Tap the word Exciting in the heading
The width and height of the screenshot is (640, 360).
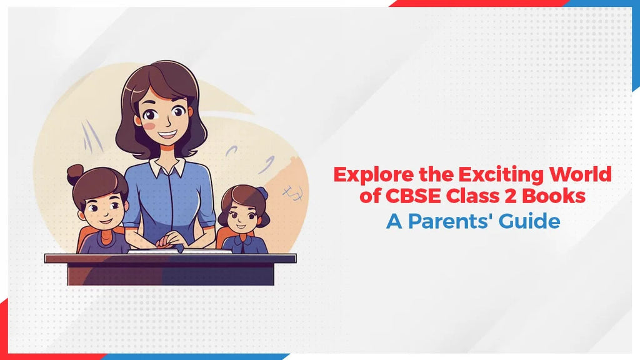click(486, 175)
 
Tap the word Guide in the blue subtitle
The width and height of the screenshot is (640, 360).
click(532, 221)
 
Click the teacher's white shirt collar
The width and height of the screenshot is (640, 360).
click(167, 167)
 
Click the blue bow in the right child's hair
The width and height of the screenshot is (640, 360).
click(261, 193)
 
